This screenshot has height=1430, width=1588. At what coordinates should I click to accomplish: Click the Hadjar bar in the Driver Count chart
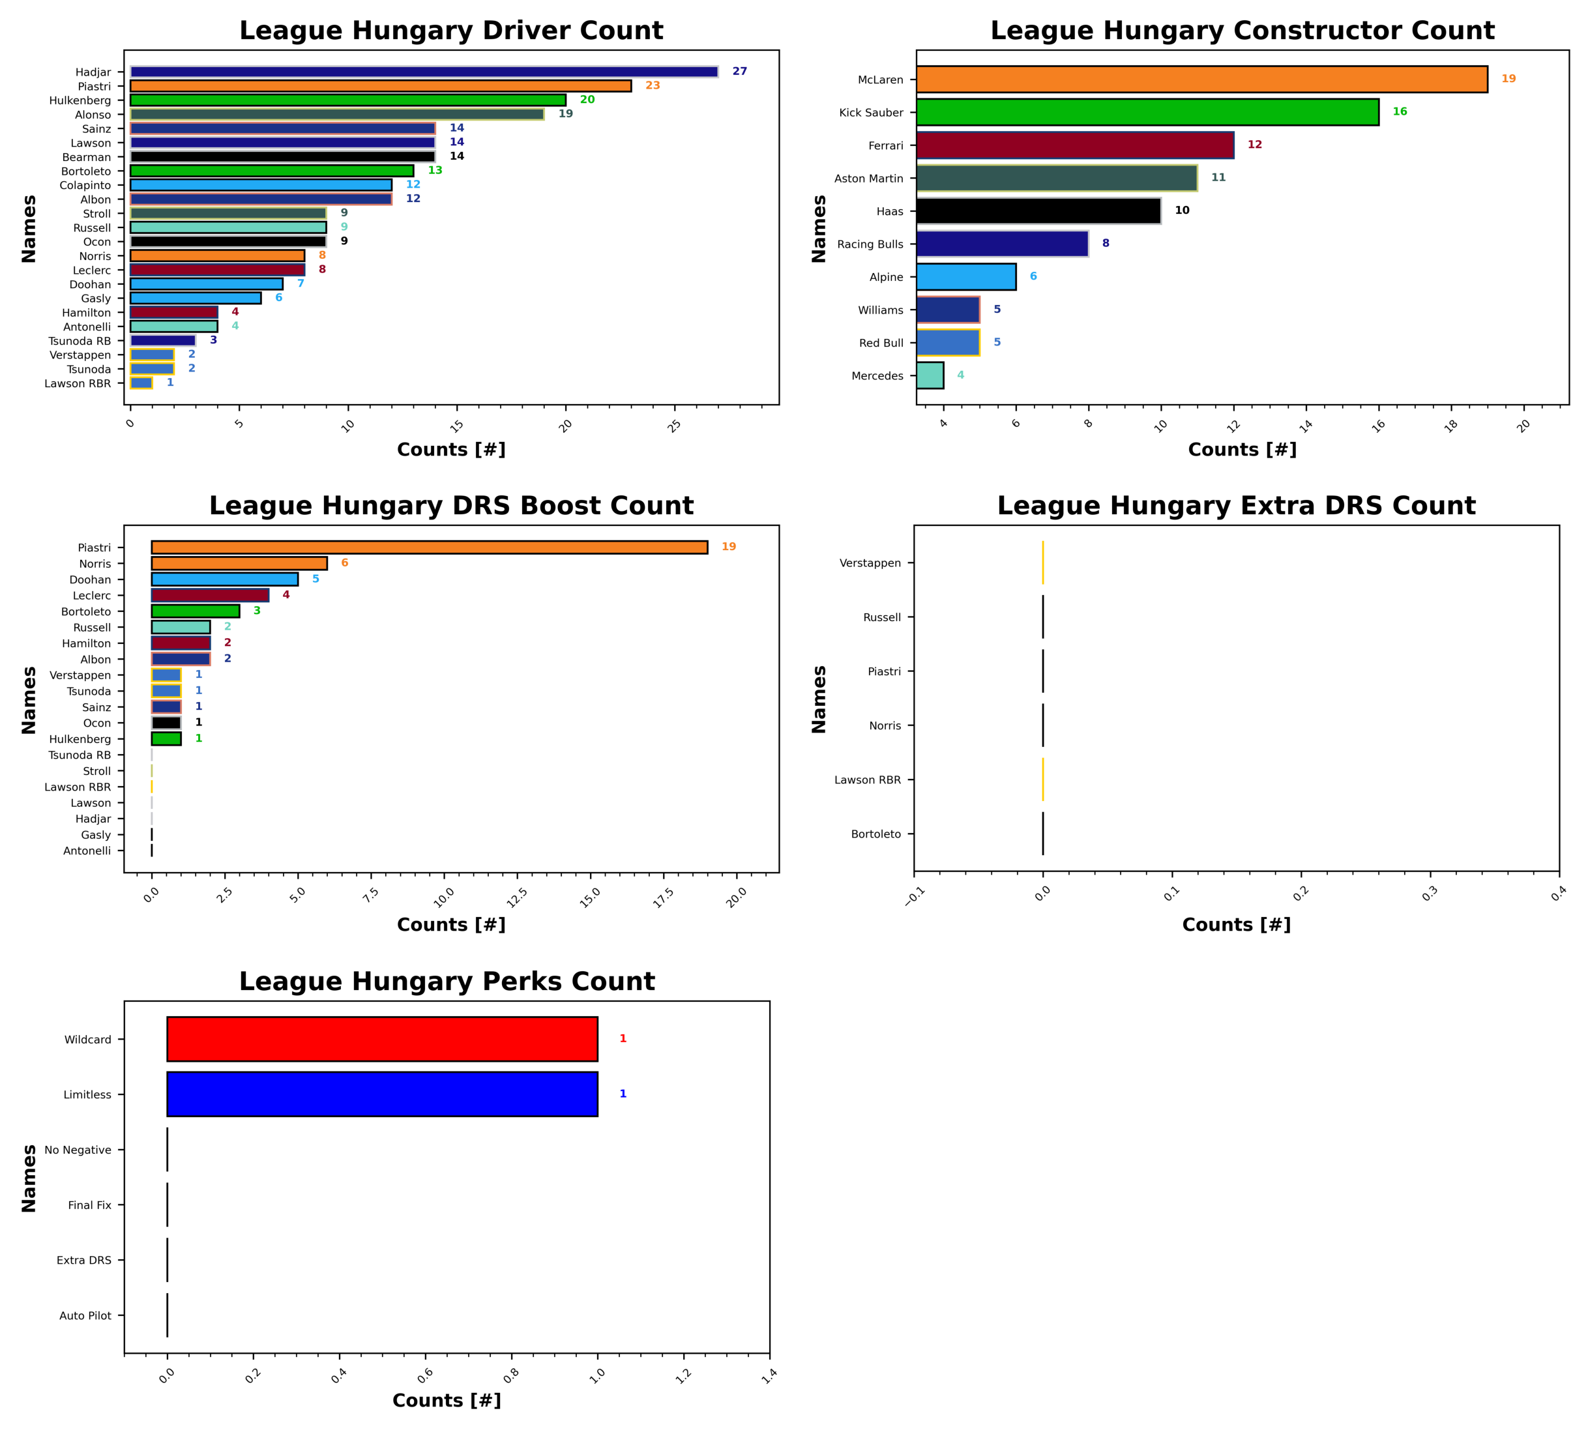click(x=424, y=72)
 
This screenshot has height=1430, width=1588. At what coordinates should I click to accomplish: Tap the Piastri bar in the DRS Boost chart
click(x=429, y=547)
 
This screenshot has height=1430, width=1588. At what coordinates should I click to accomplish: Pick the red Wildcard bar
click(x=382, y=1039)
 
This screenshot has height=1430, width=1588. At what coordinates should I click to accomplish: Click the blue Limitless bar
click(x=382, y=1094)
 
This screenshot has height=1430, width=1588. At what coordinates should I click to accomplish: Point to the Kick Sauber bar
click(x=1147, y=112)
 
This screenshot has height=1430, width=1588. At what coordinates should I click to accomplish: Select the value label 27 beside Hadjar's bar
click(x=739, y=72)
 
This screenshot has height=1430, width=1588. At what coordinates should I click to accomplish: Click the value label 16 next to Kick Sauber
click(x=1400, y=111)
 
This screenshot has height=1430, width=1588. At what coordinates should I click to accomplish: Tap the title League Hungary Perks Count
click(x=447, y=982)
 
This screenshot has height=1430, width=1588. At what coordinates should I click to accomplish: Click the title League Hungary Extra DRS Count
click(x=1236, y=506)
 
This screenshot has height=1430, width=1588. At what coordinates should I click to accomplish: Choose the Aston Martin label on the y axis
click(x=868, y=179)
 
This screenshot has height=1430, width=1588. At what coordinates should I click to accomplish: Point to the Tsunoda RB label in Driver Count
click(x=80, y=341)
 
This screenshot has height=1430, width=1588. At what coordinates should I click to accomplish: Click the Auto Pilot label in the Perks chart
click(x=85, y=1315)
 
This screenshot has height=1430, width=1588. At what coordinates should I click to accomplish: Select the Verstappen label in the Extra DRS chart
click(x=870, y=562)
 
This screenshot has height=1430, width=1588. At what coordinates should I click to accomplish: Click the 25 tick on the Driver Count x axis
click(x=675, y=425)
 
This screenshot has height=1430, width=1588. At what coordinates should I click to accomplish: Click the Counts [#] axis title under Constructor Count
click(x=1241, y=450)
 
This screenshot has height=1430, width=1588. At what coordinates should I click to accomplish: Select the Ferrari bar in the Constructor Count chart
click(x=1074, y=145)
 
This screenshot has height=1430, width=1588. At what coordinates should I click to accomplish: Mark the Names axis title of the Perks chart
click(x=29, y=1177)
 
